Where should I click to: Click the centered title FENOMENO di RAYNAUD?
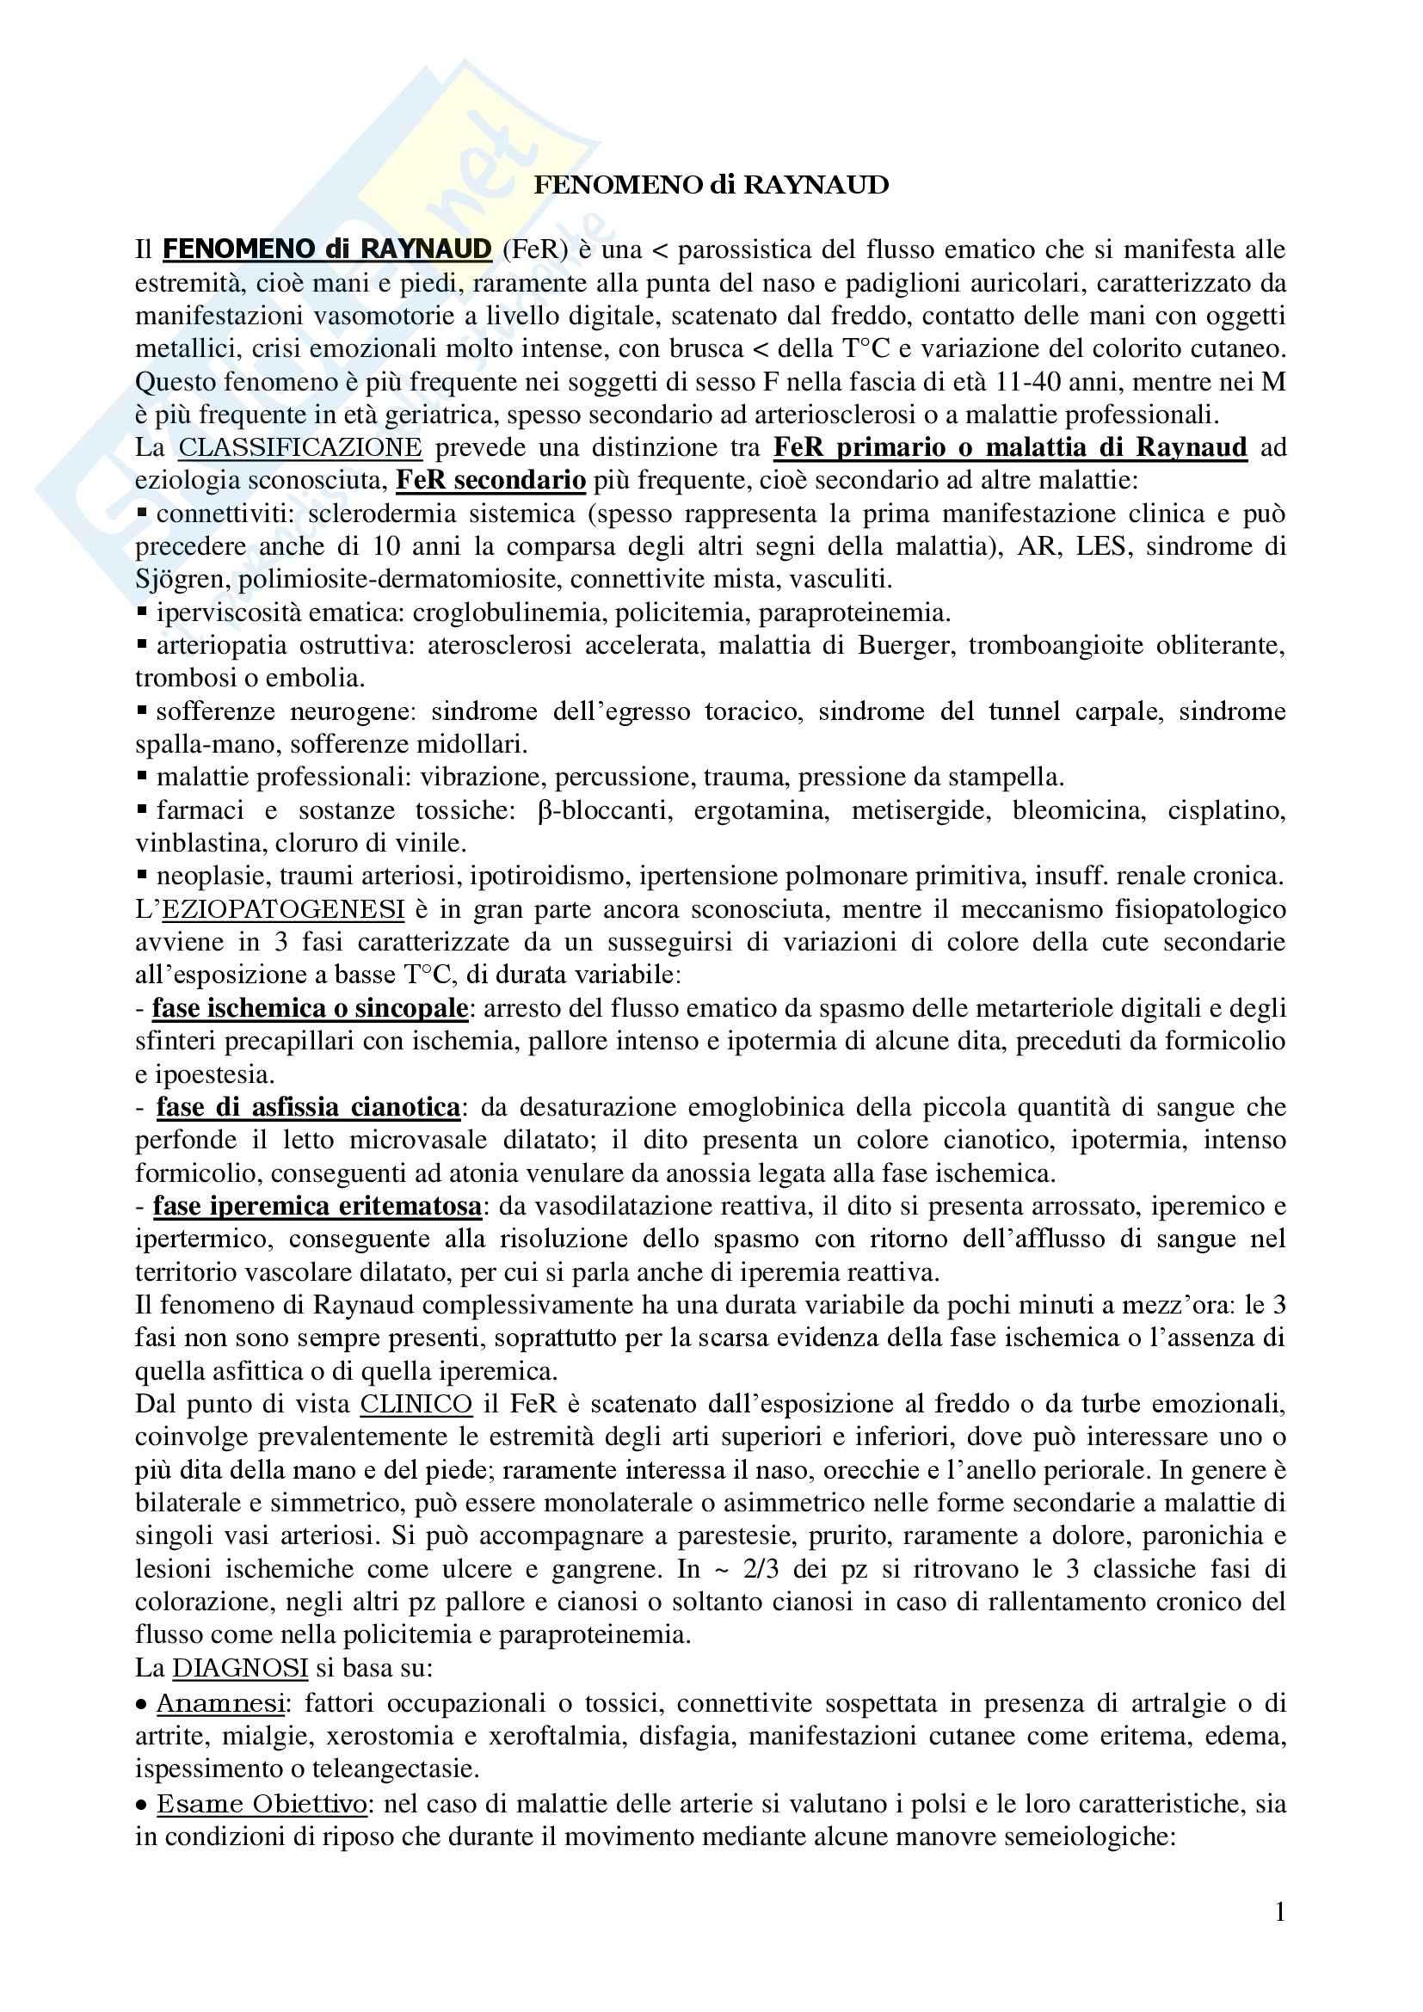click(x=711, y=185)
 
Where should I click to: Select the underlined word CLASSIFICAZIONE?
click(x=299, y=447)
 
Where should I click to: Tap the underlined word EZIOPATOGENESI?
click(x=283, y=908)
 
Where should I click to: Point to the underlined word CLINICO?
click(x=416, y=1404)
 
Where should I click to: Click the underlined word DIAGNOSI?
click(x=239, y=1668)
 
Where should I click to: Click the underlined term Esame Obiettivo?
click(x=262, y=1804)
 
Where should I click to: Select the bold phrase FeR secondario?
click(x=490, y=480)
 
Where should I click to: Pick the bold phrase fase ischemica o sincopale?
click(x=311, y=1008)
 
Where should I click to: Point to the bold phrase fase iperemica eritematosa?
click(x=317, y=1206)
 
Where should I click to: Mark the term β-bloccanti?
click(x=605, y=809)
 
